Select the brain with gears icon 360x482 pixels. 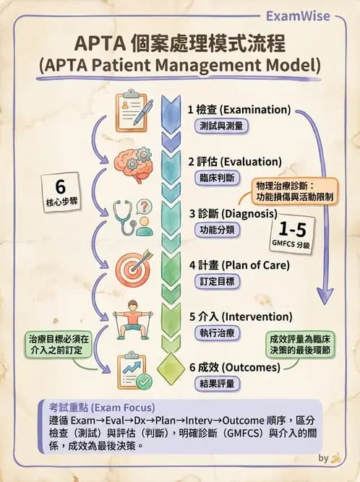point(134,164)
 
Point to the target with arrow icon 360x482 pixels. point(134,267)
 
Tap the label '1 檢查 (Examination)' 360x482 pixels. point(239,110)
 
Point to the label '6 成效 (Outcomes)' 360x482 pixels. point(233,368)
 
